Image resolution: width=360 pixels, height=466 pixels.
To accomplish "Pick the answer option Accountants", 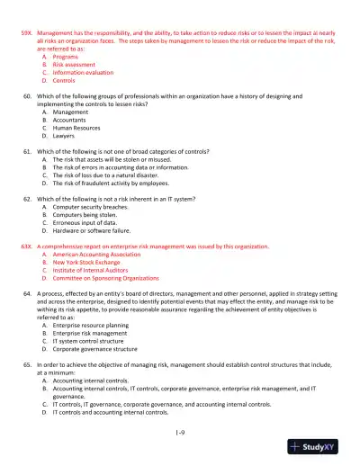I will pos(76,121).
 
